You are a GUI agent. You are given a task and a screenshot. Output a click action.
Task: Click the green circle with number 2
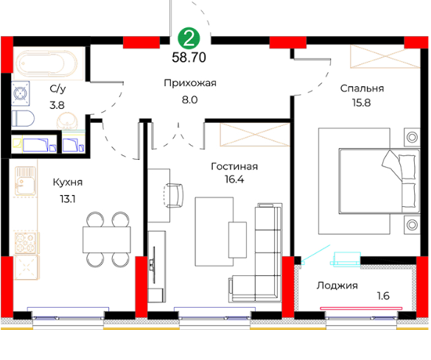(x=189, y=39)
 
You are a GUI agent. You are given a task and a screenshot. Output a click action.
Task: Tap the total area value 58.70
(x=189, y=57)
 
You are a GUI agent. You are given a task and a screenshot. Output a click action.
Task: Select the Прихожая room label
(x=190, y=83)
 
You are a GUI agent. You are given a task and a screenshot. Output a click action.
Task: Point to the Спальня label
(x=362, y=88)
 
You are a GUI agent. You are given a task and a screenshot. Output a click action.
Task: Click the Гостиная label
(x=234, y=166)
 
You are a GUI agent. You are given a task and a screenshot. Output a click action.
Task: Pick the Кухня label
(x=68, y=183)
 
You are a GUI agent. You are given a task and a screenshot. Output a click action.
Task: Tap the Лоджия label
(x=337, y=286)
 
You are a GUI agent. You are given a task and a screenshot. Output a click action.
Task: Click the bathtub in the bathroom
(x=46, y=63)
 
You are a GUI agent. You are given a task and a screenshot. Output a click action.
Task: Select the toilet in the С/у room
(x=23, y=119)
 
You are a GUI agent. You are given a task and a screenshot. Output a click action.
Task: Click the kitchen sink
(x=25, y=181)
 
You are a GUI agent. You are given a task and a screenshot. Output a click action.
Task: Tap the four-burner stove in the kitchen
(x=26, y=243)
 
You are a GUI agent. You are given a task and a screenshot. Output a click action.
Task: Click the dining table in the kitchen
(x=107, y=239)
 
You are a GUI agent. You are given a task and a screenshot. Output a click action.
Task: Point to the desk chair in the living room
(x=173, y=196)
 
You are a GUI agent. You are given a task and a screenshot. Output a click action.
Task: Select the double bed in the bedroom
(x=379, y=181)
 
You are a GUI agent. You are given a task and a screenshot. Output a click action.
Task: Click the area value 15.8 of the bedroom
(x=362, y=103)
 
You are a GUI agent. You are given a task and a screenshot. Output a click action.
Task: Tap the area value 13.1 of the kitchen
(x=68, y=199)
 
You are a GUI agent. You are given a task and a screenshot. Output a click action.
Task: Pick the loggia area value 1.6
(x=383, y=296)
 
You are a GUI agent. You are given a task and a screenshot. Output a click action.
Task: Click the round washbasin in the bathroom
(x=67, y=121)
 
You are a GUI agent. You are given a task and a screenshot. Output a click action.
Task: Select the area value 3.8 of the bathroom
(x=57, y=105)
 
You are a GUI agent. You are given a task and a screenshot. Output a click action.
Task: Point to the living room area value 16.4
(x=234, y=180)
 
